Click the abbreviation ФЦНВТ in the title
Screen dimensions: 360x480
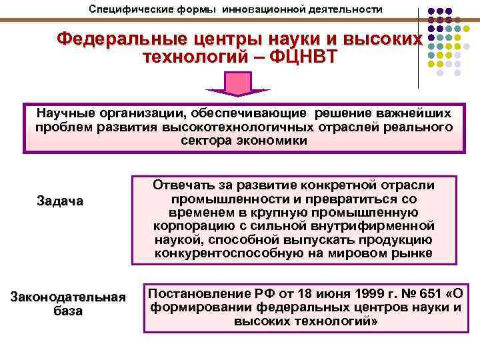(x=301, y=57)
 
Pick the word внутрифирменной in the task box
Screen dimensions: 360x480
(x=384, y=226)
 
